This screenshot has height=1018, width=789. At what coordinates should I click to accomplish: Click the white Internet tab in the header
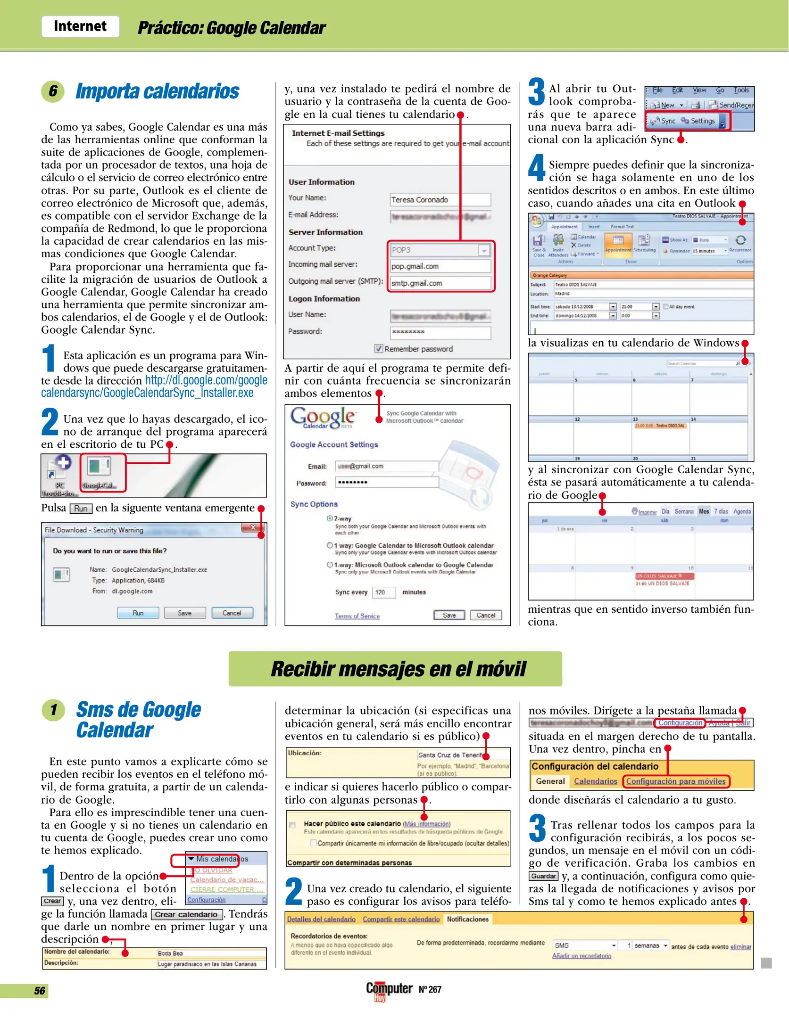coord(80,26)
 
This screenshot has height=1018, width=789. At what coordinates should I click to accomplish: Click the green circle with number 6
coord(53,91)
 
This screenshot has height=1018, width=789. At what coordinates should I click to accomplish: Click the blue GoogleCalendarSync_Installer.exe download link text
coord(147,393)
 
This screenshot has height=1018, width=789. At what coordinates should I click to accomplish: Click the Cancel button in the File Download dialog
coord(232,613)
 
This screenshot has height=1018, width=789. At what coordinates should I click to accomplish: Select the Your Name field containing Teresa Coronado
coord(440,200)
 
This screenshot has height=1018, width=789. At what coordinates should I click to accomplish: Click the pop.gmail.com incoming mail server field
coord(440,266)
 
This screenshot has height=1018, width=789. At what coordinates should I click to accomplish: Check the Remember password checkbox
coord(378,349)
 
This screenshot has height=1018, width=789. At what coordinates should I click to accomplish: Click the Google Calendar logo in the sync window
coord(323,418)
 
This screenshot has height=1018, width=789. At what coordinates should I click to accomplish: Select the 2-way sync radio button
coord(330,518)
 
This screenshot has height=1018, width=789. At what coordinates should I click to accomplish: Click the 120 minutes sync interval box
coord(383,592)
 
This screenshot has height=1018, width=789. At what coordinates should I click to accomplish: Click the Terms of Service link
coord(357,616)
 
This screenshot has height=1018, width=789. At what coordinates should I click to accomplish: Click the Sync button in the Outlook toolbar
coord(664,121)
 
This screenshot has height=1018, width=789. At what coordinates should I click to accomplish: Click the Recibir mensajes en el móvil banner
coord(395,668)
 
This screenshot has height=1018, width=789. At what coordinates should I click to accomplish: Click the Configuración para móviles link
coord(675,781)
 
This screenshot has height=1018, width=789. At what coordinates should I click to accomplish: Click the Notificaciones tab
coord(467,919)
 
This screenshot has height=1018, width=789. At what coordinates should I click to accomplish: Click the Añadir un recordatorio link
coord(581,956)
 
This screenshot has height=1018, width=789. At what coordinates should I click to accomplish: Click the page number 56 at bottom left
coord(40,991)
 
